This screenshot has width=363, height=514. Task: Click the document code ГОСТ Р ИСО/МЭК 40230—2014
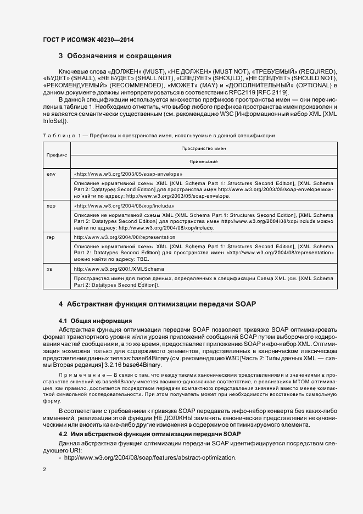[x=87, y=40]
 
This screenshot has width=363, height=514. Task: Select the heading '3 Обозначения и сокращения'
[x=115, y=56]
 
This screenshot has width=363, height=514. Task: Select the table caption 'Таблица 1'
[x=60, y=135]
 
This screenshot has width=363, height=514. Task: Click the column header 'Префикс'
[x=56, y=155]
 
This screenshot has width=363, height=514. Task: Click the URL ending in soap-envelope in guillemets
[x=127, y=173]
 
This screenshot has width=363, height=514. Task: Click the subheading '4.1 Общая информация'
[x=95, y=320]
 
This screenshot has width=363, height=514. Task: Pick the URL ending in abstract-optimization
[x=149, y=457]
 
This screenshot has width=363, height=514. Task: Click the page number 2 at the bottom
[x=44, y=471]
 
